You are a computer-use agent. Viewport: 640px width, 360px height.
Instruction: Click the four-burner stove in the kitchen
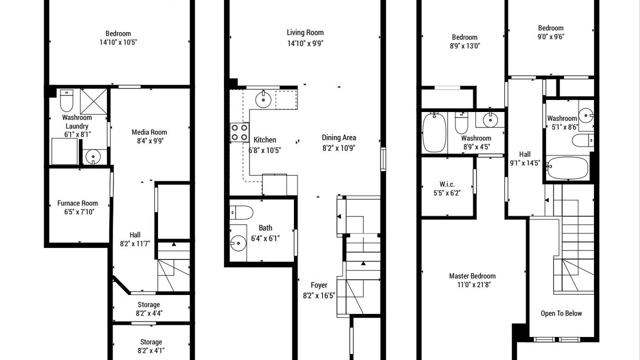coord(239,132)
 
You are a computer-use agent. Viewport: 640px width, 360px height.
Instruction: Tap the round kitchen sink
coord(263,99)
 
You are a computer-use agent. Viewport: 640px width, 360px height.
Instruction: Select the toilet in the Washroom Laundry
coord(66,100)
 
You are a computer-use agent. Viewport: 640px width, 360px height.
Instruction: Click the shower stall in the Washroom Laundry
coord(93,101)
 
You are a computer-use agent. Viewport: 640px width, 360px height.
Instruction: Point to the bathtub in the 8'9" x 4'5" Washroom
coord(434,132)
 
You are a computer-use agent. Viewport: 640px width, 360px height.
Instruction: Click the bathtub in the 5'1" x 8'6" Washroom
coord(567,167)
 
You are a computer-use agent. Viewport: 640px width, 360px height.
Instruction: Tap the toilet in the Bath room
coord(241,212)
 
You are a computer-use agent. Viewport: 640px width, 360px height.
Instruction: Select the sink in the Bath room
coord(238,243)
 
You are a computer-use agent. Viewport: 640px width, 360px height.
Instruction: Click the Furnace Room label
coord(77,203)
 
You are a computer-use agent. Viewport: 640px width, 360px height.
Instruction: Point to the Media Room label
coord(149,132)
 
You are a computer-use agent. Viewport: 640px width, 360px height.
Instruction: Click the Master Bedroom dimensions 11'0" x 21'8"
coord(473,284)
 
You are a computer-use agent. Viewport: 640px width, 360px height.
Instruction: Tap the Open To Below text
coord(561,313)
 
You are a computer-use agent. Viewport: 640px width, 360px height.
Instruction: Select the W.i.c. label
coord(447,184)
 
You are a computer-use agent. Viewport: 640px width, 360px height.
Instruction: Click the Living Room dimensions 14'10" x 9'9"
coord(305,43)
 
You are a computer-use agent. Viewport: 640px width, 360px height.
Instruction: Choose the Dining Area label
coord(339,137)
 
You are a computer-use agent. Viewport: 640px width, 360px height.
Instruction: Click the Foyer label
coord(319,285)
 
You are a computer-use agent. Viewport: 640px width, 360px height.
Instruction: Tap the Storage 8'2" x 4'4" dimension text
coord(149,313)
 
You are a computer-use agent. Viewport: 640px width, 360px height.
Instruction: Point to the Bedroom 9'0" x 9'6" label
coord(550,28)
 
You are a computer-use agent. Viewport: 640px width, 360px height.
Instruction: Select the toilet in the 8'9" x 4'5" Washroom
coord(461,123)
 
